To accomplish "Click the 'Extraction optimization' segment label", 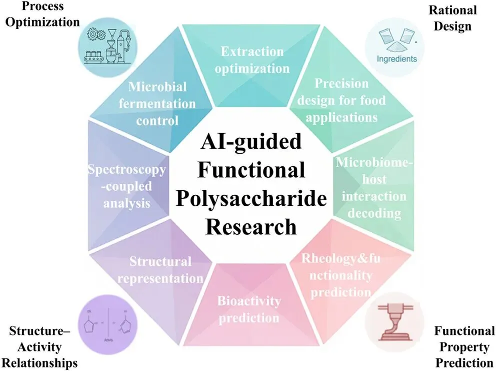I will (x=252, y=60).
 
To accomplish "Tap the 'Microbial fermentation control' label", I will (x=157, y=104).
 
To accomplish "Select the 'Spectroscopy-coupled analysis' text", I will (x=126, y=186).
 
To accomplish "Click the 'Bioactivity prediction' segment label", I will (x=248, y=309).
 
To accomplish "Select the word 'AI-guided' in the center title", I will (x=251, y=142).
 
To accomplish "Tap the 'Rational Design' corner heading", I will (x=453, y=18).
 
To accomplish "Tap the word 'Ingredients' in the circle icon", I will (x=397, y=59).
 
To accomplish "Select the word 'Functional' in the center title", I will (x=251, y=170).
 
